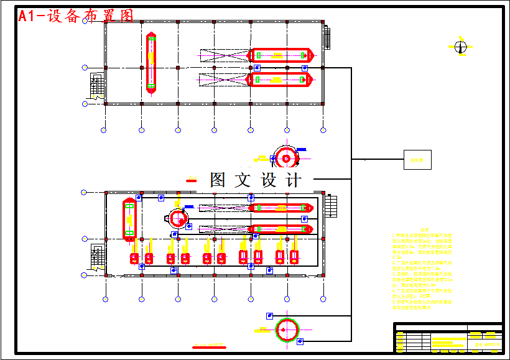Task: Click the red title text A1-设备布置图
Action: click(76, 17)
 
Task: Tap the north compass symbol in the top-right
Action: click(460, 47)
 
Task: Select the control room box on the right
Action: click(417, 160)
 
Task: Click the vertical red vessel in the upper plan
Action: click(151, 63)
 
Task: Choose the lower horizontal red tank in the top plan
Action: click(281, 80)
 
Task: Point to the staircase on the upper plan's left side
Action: click(96, 86)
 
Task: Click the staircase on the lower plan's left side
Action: click(96, 257)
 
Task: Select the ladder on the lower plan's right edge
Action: click(331, 206)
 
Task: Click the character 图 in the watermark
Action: click(218, 180)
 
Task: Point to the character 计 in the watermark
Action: click(293, 180)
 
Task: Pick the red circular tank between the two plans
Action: click(286, 158)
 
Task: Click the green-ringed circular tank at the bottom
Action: click(287, 329)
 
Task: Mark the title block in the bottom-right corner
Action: click(448, 338)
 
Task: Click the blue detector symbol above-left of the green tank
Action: click(269, 316)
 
